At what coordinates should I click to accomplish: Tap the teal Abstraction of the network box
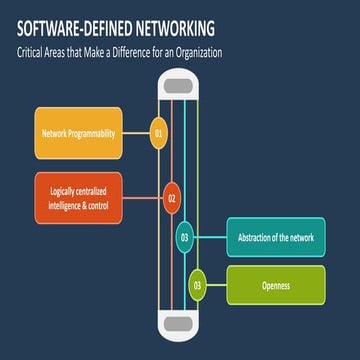click(x=276, y=237)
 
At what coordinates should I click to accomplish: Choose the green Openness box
click(x=276, y=285)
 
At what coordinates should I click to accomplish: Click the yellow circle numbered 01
click(x=158, y=132)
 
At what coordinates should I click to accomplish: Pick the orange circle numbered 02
click(x=171, y=198)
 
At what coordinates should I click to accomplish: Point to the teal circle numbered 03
click(x=185, y=237)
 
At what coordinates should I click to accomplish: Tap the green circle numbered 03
click(x=198, y=285)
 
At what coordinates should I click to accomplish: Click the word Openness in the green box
click(x=276, y=285)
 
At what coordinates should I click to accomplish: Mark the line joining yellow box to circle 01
click(x=137, y=132)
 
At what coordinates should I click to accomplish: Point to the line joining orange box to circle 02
click(x=146, y=198)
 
